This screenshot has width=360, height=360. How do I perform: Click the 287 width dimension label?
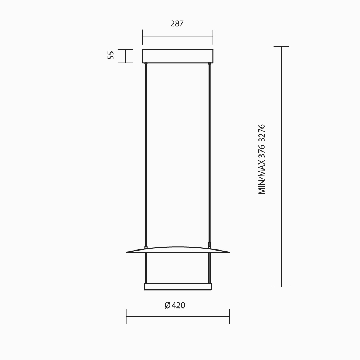click(x=177, y=24)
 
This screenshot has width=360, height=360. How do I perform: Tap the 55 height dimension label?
click(x=111, y=55)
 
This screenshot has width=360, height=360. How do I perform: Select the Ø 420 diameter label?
click(x=175, y=305)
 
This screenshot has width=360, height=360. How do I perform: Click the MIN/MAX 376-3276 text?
click(x=262, y=159)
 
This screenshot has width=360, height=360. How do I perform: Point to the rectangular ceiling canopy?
click(x=178, y=56)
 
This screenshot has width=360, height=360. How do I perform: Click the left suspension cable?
click(x=146, y=153)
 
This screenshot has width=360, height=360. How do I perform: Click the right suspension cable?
click(x=210, y=153)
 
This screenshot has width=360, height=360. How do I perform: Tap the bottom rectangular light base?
click(x=178, y=287)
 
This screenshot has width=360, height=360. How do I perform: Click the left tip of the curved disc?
click(x=126, y=252)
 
